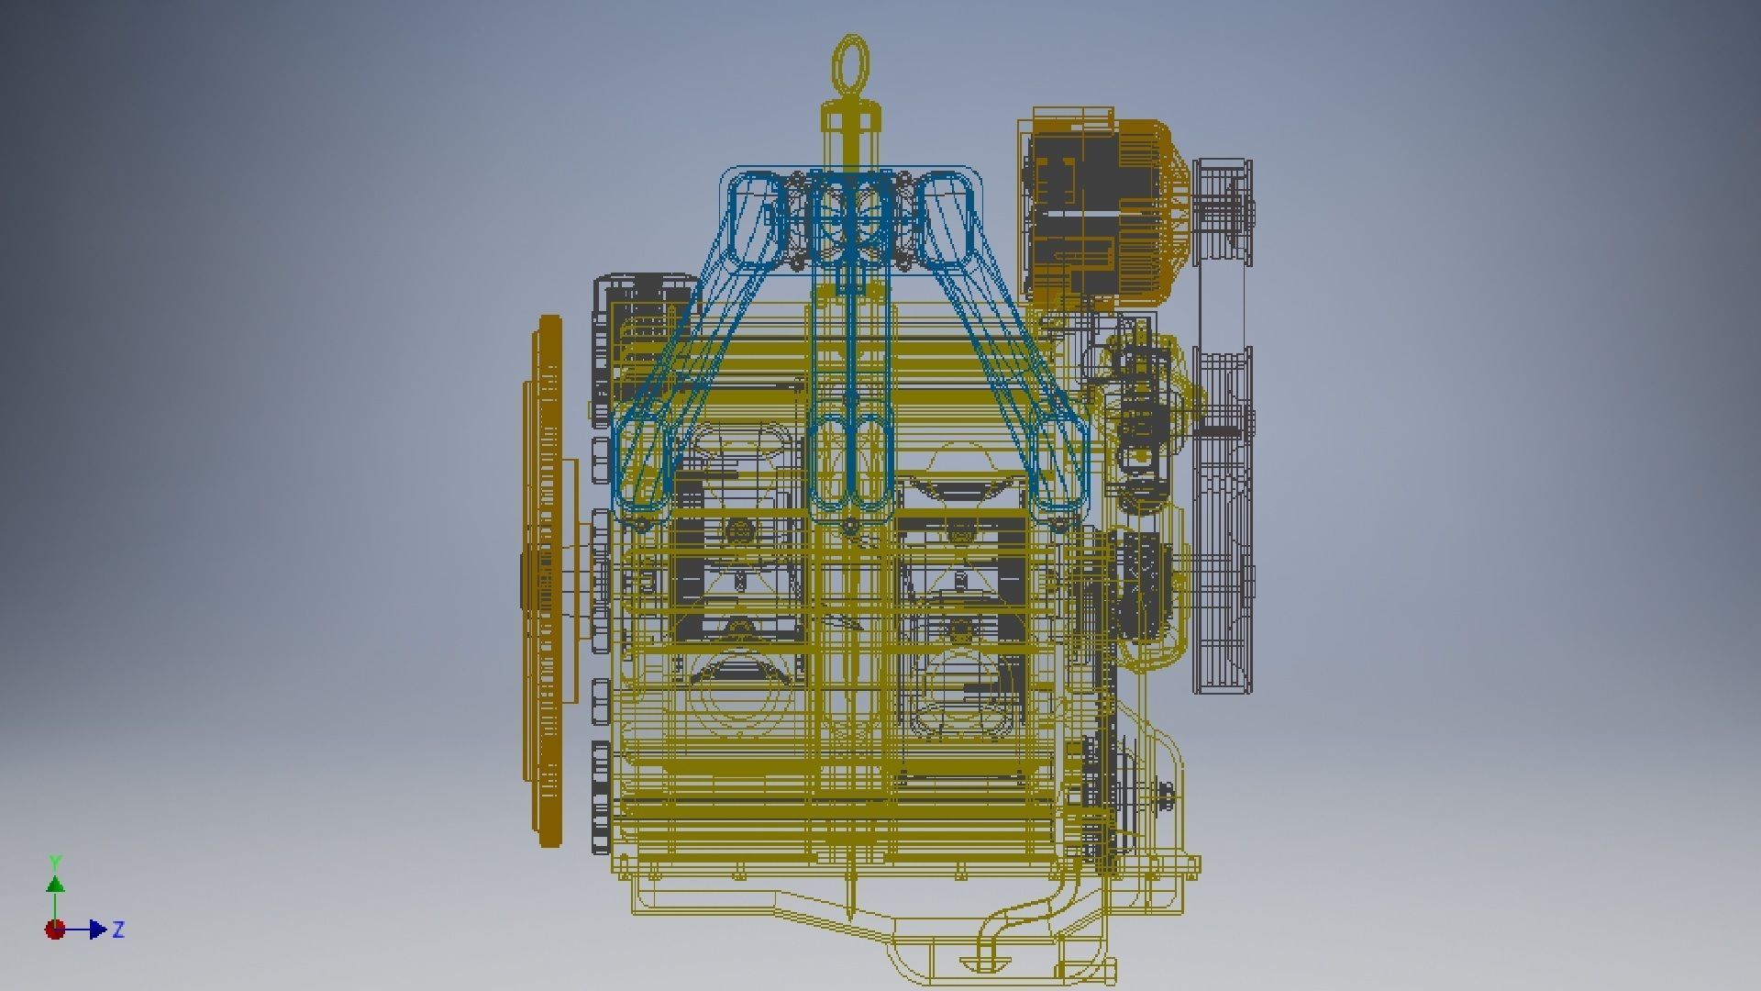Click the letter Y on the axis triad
55,863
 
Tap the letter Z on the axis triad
117,930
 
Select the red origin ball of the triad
55,930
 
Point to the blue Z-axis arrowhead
98,930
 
